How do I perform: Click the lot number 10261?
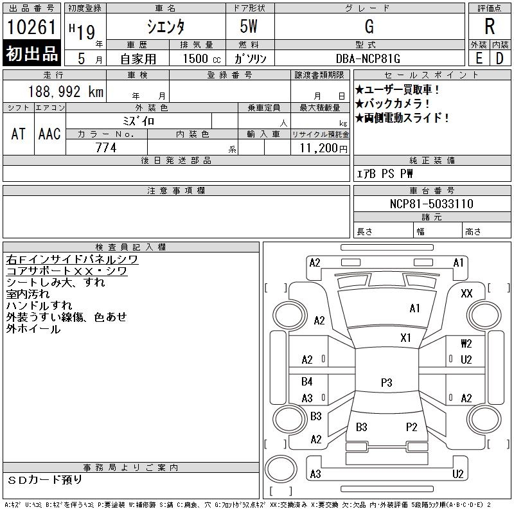tap(32, 27)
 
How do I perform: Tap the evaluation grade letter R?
tap(490, 27)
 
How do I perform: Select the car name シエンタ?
tap(166, 27)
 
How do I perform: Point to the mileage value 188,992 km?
tap(64, 92)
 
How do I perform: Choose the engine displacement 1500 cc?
tap(197, 58)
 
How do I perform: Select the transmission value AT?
tap(19, 134)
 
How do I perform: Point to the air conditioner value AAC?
tap(49, 134)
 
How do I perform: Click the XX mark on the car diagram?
tap(467, 293)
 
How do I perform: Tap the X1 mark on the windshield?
tap(405, 337)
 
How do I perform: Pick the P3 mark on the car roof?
tap(386, 382)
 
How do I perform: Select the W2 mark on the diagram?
tap(466, 344)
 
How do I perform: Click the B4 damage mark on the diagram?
tap(307, 382)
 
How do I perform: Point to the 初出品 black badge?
tap(32, 53)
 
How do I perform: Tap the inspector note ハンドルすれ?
tap(39, 305)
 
